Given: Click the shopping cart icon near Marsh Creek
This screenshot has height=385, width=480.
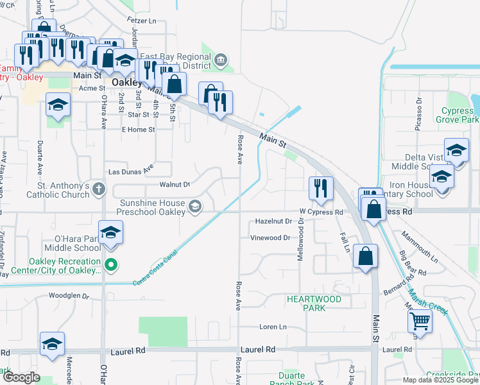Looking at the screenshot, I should click(420, 320).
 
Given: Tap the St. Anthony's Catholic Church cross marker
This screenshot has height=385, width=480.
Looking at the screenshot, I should click(98, 189).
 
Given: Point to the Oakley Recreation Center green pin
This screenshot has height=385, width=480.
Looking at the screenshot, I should click(110, 264).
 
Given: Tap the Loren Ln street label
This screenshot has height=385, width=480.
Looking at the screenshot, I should click(273, 327).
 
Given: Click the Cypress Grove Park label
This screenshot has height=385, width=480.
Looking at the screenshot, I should click(457, 115).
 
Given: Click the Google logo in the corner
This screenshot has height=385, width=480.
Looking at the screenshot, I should click(21, 377).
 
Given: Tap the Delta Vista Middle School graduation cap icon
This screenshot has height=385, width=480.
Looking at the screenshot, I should click(456, 150).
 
